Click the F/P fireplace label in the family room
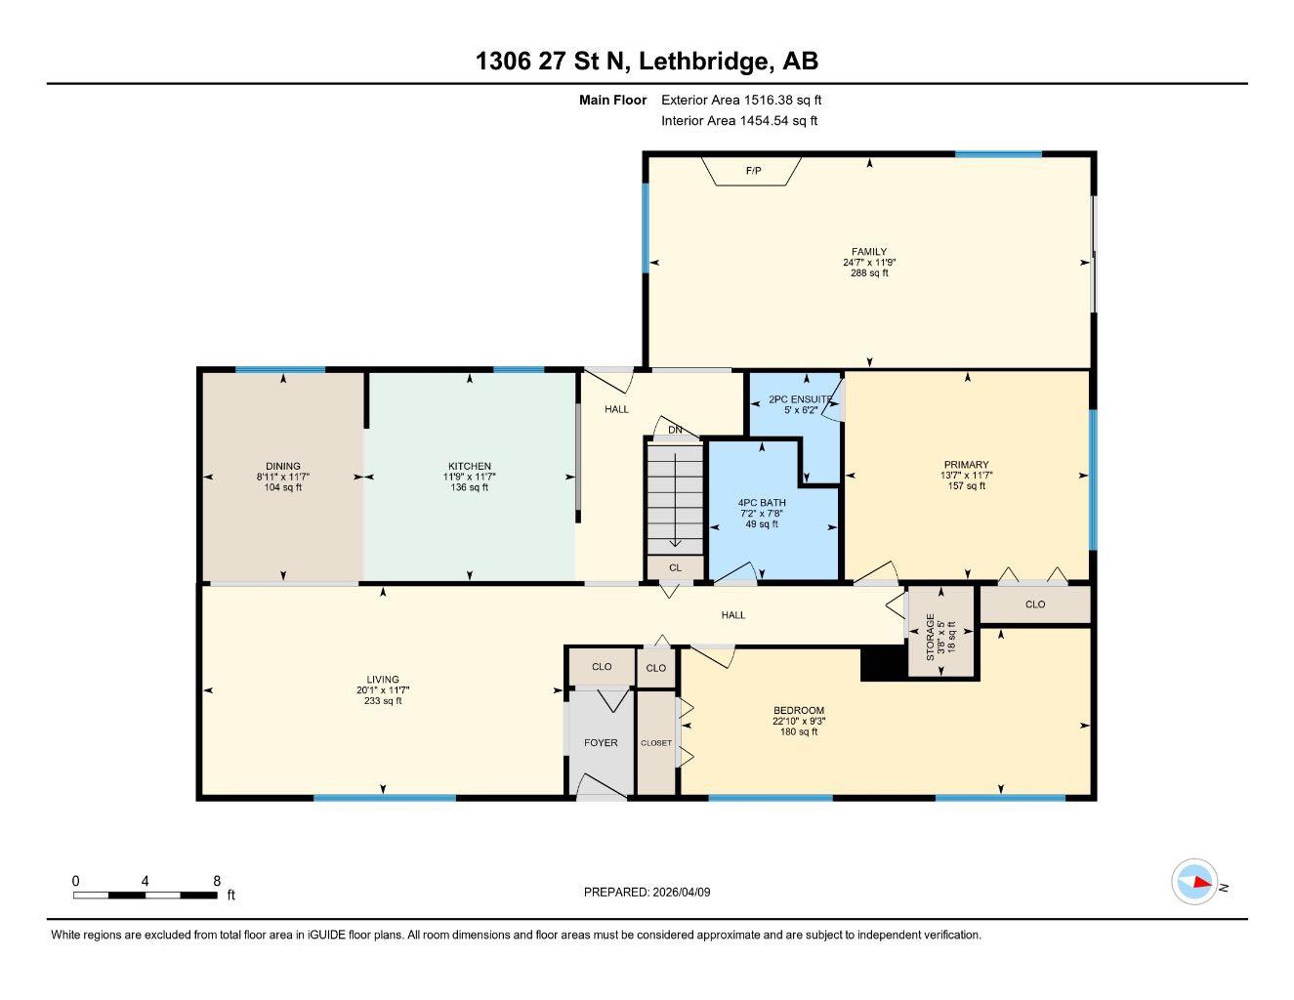(x=753, y=172)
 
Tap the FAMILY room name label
(x=869, y=252)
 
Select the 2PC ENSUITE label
(x=800, y=399)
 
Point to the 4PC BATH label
(x=761, y=503)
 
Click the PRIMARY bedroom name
(x=966, y=465)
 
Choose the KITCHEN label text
(x=470, y=466)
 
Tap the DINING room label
(x=283, y=466)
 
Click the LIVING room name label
(x=383, y=680)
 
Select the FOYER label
(x=601, y=743)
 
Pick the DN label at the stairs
(x=675, y=430)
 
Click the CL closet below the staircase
(x=675, y=567)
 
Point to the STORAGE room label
(x=931, y=637)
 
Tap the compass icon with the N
(x=1194, y=882)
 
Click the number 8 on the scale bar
(x=216, y=881)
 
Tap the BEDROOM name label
(x=799, y=711)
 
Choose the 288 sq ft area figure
(x=869, y=273)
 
